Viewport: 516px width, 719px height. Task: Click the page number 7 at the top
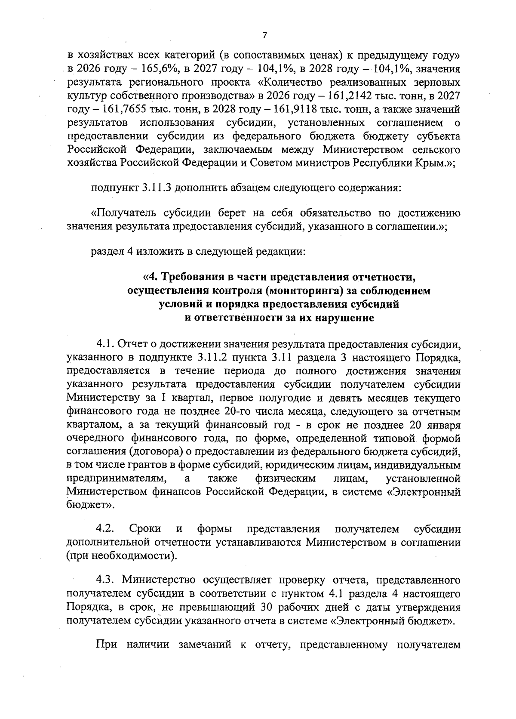point(264,36)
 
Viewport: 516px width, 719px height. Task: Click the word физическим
point(285,478)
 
